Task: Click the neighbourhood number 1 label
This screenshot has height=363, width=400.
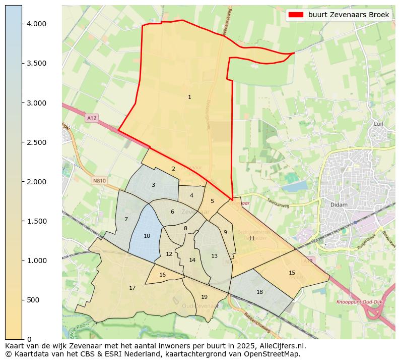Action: point(189,97)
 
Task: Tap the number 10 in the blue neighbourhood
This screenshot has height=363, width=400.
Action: point(147,236)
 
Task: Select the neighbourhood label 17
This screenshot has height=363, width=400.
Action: point(132,288)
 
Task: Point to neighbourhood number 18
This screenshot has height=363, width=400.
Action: point(259,292)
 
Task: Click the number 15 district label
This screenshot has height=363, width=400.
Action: point(292,273)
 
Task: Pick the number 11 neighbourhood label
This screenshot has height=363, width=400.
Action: point(251,238)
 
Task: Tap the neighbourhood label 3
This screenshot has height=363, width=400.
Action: point(153,185)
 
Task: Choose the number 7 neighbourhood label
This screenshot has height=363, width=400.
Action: point(126,219)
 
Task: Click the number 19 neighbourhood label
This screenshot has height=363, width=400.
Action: point(204,297)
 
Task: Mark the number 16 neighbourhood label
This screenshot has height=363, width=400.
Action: point(162,275)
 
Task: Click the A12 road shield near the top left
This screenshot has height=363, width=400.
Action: point(91,118)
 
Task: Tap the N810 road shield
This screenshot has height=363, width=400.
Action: point(99,180)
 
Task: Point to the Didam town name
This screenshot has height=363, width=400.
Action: point(336,204)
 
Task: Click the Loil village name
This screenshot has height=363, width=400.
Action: point(378,124)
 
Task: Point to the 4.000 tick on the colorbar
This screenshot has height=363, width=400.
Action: point(37,24)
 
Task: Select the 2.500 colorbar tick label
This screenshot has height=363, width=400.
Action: point(37,142)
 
